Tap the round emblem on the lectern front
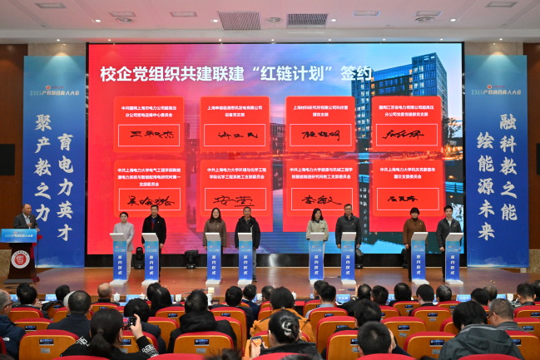tap(20, 259)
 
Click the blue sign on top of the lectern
tap(18, 235)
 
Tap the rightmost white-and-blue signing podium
tap(453, 257)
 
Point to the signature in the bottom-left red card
tap(148, 200)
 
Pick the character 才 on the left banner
tap(65, 232)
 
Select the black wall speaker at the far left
tap(7, 160)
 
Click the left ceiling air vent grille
tap(240, 20)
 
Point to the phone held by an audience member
tap(129, 321)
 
